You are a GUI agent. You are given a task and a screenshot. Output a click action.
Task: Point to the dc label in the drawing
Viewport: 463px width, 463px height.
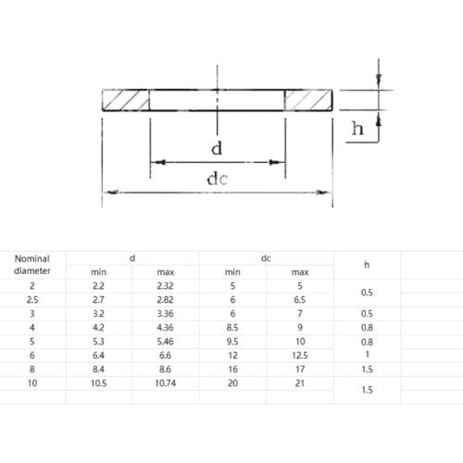(x=217, y=180)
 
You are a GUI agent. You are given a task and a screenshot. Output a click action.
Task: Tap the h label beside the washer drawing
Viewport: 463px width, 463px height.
(x=358, y=131)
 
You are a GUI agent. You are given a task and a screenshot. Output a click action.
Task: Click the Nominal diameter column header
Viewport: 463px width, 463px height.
(x=32, y=265)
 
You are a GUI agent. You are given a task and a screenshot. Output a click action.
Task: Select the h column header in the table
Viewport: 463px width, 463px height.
(x=367, y=265)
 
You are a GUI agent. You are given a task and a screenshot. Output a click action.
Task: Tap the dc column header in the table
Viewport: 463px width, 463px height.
(x=266, y=258)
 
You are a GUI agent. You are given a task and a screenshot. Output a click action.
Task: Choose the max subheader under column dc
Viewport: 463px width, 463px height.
(x=299, y=272)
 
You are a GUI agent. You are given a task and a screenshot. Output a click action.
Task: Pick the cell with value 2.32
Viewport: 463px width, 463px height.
(x=166, y=286)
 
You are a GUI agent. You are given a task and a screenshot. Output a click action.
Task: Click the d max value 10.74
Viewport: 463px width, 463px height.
(x=166, y=382)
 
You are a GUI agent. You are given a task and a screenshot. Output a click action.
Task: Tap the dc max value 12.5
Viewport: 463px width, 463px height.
(x=299, y=354)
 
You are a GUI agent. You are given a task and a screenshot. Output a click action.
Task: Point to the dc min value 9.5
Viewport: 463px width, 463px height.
(x=232, y=341)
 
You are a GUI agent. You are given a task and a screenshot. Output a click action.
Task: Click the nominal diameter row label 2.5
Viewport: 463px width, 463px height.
(x=32, y=300)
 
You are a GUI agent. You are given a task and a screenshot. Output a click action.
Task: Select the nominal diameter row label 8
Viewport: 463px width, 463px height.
(x=32, y=368)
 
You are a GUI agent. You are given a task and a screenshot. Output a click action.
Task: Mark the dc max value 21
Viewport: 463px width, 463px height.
(x=299, y=382)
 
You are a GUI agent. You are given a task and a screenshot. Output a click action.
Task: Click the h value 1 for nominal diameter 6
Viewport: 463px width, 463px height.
(x=367, y=354)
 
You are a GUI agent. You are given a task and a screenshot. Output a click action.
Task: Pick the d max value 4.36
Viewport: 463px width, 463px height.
(x=166, y=327)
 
